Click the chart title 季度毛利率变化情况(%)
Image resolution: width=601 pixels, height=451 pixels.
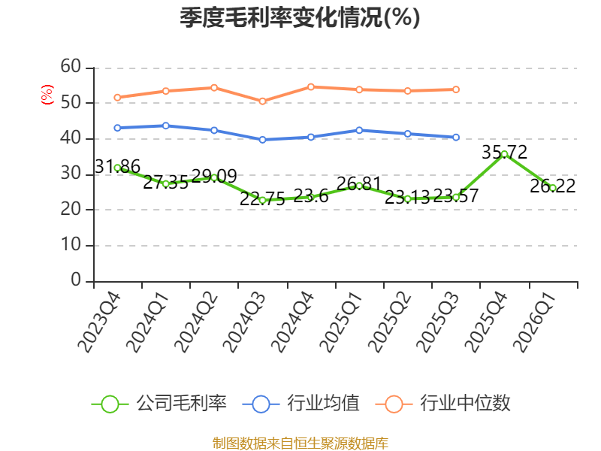point(300,17)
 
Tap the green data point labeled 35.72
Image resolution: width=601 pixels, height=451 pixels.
point(504,154)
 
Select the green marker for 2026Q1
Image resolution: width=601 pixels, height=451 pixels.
point(553,188)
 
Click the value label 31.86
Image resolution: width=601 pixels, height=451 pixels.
point(117,166)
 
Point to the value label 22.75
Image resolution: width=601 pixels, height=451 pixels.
point(262,198)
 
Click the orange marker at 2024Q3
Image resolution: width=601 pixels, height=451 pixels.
point(262,101)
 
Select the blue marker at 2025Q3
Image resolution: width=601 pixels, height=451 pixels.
point(456,138)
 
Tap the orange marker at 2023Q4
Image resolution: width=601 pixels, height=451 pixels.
point(118,98)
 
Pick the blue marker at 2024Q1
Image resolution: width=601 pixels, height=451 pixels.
point(166,126)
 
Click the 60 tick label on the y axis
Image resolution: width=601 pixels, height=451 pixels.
point(71,67)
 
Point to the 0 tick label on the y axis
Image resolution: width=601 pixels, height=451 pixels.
point(76,280)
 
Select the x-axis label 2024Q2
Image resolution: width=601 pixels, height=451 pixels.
point(197,322)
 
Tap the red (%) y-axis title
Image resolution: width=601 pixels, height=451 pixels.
point(47,95)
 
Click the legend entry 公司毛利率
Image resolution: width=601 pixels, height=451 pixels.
point(159,404)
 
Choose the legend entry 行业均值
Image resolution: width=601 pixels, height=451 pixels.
point(301,404)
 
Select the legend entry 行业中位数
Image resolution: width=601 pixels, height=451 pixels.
point(443,404)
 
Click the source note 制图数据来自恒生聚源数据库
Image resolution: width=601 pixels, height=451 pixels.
point(300,443)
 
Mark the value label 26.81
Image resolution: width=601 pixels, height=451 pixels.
point(359,183)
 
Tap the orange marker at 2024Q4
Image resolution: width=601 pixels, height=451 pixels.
point(311,87)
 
